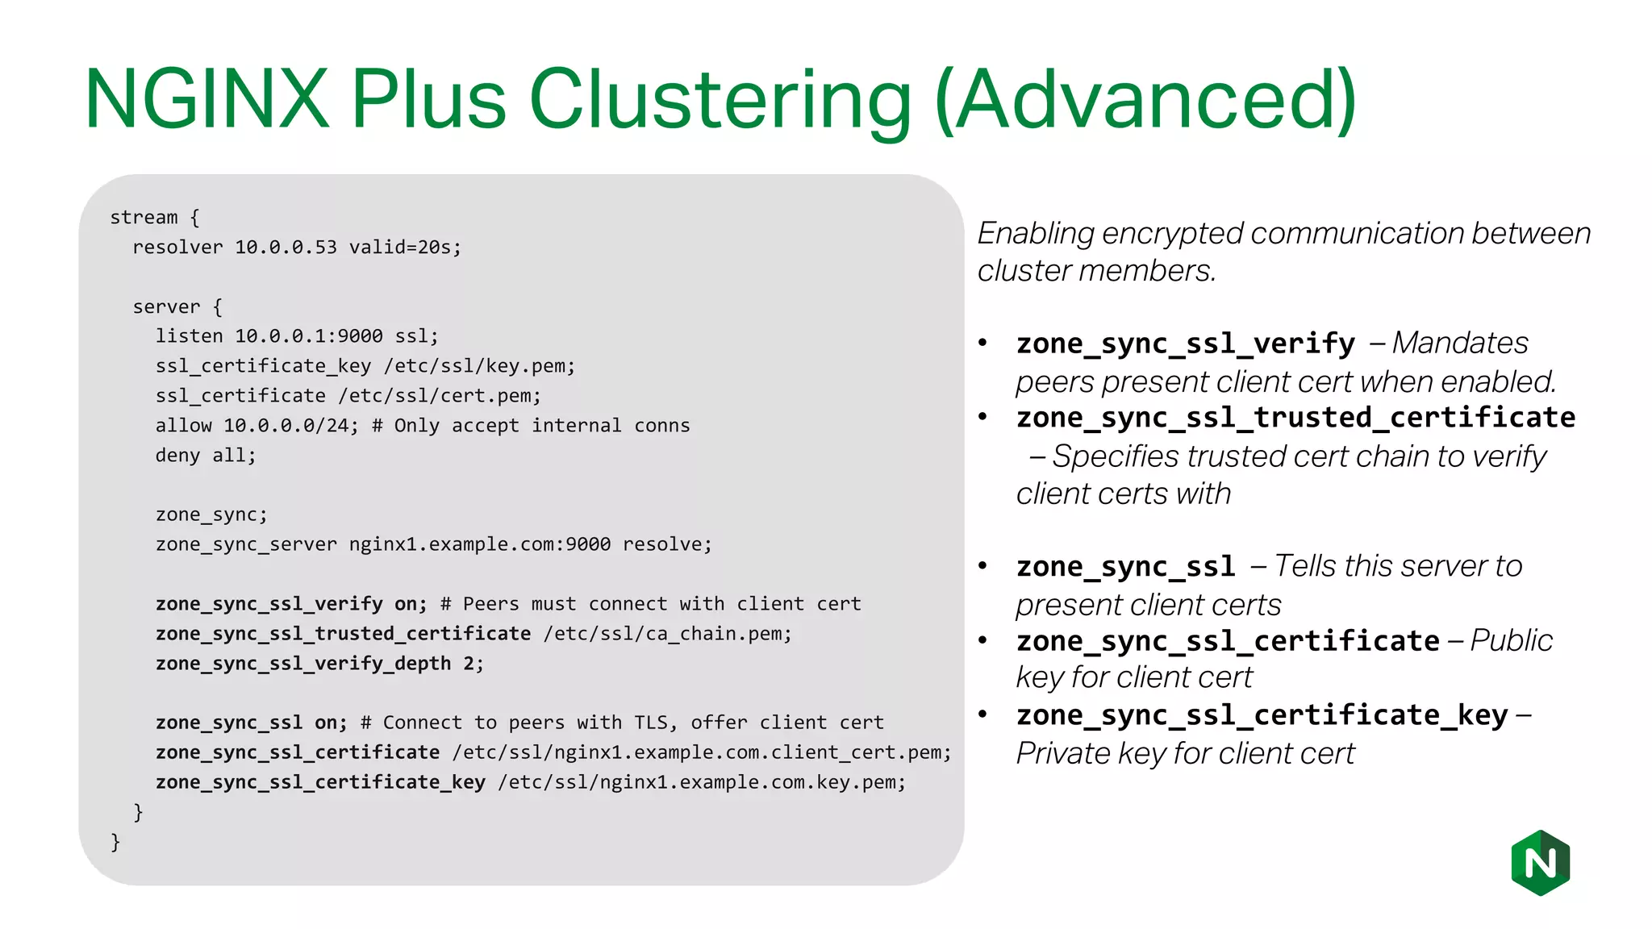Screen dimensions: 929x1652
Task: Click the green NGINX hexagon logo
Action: (1540, 863)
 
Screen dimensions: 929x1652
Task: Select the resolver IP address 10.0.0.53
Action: (286, 248)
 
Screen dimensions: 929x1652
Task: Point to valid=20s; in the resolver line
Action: (405, 248)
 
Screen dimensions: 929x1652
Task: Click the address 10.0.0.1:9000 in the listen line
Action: (308, 336)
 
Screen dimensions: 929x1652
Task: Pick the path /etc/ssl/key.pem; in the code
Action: (480, 366)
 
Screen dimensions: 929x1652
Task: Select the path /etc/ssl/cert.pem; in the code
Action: (440, 396)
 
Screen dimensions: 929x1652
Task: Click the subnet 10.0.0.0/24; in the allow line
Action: (290, 426)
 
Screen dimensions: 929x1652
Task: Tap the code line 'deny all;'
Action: (206, 456)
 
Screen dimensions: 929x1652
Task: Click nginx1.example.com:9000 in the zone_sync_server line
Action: (480, 544)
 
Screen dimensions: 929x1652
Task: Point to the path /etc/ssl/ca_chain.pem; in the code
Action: (668, 634)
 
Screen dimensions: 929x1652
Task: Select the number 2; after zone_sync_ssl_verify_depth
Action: (473, 664)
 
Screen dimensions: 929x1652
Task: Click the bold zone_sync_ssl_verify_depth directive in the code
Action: (303, 664)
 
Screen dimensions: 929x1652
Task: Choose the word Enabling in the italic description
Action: (1035, 234)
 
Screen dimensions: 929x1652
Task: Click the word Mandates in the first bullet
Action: (1460, 343)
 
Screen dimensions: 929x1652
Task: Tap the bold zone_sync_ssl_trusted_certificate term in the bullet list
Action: (1295, 418)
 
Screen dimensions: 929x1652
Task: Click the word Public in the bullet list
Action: (1511, 640)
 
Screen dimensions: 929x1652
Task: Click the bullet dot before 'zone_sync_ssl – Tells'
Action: (982, 566)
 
